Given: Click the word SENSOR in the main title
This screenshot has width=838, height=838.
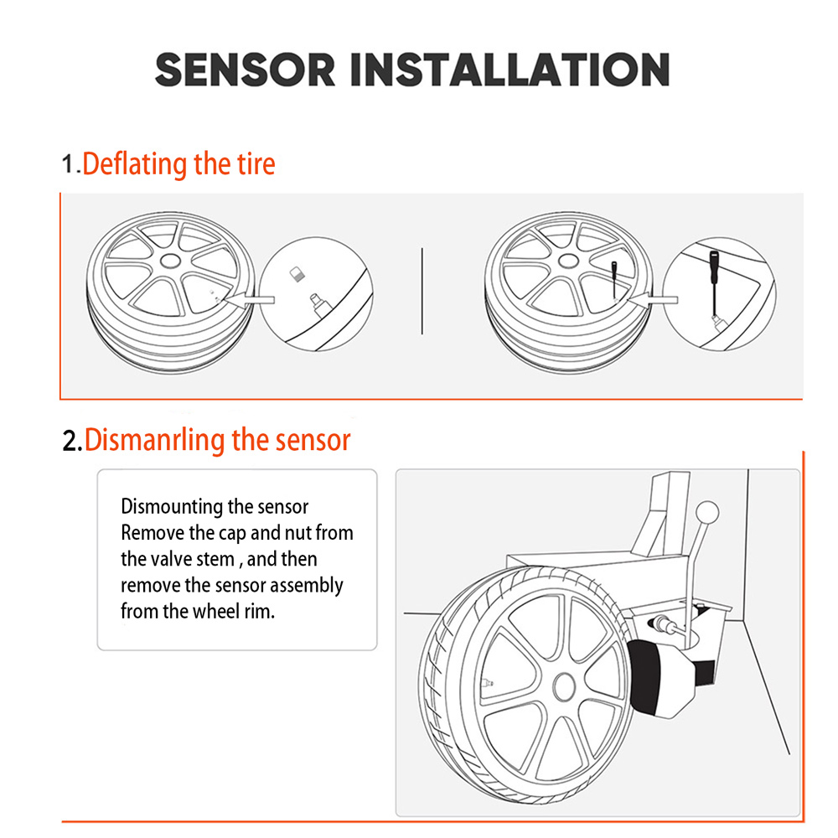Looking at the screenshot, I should click(x=245, y=69).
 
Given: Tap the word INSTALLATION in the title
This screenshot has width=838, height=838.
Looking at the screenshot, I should click(x=509, y=69).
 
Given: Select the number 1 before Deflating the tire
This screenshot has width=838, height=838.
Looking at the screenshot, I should click(x=69, y=163).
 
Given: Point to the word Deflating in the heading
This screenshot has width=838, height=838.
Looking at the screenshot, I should click(x=135, y=163).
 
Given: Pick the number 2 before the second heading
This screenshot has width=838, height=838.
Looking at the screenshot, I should click(x=71, y=441).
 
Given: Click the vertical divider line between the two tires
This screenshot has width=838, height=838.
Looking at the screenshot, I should click(x=422, y=291).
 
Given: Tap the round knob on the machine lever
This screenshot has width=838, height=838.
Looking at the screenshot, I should click(x=709, y=510).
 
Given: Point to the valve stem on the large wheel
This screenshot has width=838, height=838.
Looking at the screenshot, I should click(x=487, y=682).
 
